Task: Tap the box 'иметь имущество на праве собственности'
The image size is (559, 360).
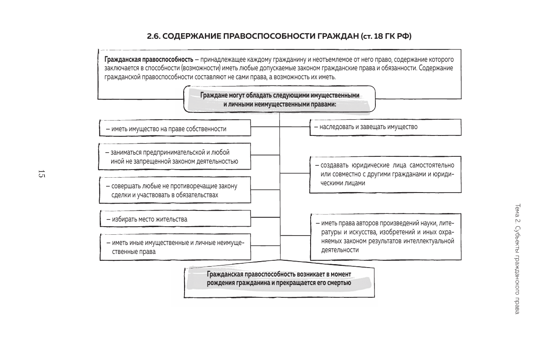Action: click(x=175, y=129)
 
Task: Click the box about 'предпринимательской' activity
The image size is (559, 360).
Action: click(x=175, y=156)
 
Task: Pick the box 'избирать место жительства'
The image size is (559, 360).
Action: click(x=175, y=219)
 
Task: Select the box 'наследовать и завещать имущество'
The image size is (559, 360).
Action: click(x=385, y=127)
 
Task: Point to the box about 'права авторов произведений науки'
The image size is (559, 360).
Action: click(x=385, y=236)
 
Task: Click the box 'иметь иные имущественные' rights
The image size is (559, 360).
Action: click(x=175, y=247)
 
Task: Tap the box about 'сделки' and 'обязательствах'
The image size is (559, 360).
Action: click(x=175, y=190)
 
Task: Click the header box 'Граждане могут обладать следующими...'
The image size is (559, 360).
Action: click(x=279, y=99)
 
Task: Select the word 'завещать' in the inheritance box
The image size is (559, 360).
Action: click(x=373, y=127)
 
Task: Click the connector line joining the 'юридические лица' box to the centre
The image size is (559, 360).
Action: click(x=294, y=174)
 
